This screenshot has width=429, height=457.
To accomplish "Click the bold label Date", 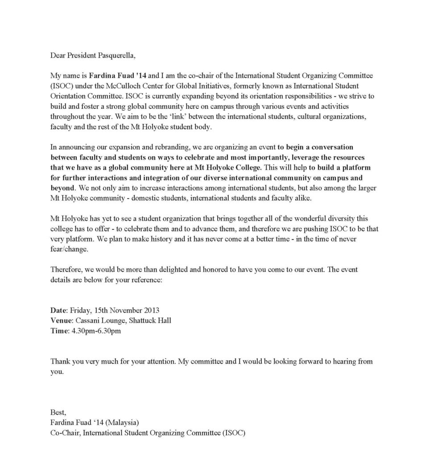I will (58, 310).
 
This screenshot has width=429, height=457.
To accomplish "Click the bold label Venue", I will (61, 320).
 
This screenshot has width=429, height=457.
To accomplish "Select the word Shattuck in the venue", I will (141, 320).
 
